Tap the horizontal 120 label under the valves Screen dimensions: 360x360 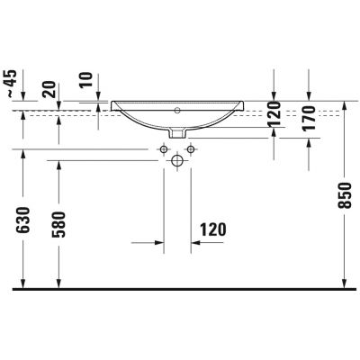[211, 229]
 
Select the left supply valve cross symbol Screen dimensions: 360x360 [164, 148]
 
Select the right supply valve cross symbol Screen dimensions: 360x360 [190, 148]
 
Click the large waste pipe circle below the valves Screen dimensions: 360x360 [176, 161]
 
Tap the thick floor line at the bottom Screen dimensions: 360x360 [180, 290]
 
